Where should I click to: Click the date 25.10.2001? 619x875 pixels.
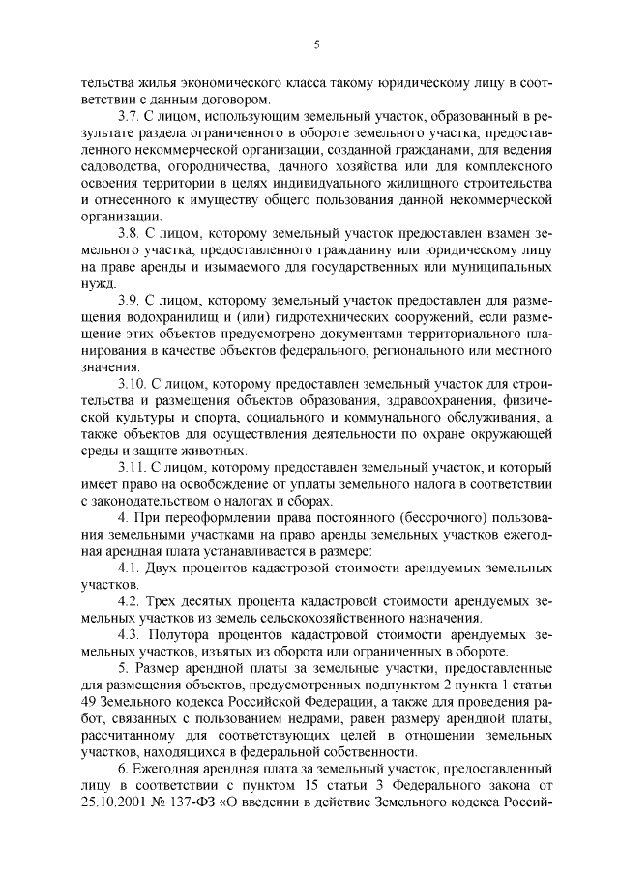113,835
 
